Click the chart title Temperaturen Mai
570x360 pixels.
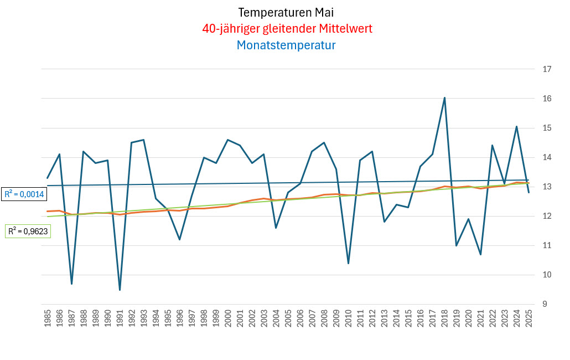tap(286, 12)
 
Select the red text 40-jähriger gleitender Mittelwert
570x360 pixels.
tap(286, 29)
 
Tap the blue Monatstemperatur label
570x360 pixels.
tap(286, 45)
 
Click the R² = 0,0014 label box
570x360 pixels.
tap(24, 194)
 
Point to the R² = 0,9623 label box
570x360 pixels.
tap(28, 231)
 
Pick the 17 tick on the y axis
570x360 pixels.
tap(547, 69)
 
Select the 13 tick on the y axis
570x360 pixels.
tap(547, 187)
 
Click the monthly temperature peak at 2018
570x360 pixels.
tap(445, 98)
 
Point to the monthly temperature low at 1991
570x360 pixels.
tap(120, 290)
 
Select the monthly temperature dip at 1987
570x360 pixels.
tap(71, 284)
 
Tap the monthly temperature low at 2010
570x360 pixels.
tap(349, 263)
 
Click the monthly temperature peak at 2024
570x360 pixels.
tap(517, 126)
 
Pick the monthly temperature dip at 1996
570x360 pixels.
tap(180, 239)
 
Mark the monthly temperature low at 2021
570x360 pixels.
tap(481, 254)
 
